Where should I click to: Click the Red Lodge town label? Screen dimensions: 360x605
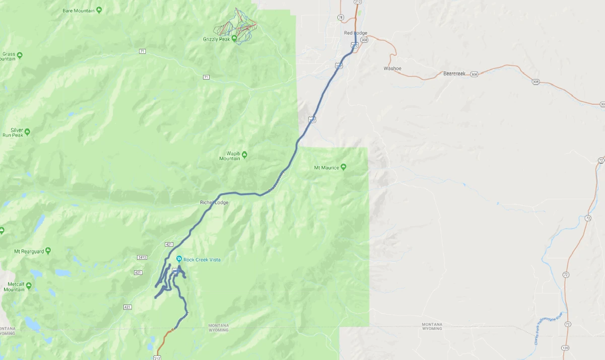[x=355, y=33]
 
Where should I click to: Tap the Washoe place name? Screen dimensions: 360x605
[x=392, y=68]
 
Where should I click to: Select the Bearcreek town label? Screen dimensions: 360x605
[x=454, y=74]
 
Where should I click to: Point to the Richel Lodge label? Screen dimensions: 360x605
[x=214, y=202]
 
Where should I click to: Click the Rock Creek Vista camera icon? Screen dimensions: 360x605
[x=179, y=259]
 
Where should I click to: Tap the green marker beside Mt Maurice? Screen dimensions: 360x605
[x=344, y=167]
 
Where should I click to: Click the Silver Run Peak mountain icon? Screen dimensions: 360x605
[x=27, y=132]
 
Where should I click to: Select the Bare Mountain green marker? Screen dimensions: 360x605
[x=99, y=10]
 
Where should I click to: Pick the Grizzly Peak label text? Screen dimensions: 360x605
[x=217, y=39]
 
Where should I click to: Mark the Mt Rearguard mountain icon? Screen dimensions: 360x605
[x=48, y=251]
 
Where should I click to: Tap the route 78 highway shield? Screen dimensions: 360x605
[x=341, y=18]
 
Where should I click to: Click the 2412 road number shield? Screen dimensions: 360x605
[x=142, y=257]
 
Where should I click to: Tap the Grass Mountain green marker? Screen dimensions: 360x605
[x=19, y=54]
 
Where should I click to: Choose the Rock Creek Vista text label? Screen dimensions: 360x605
[x=201, y=260]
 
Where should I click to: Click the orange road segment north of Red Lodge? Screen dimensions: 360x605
[x=356, y=20]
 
